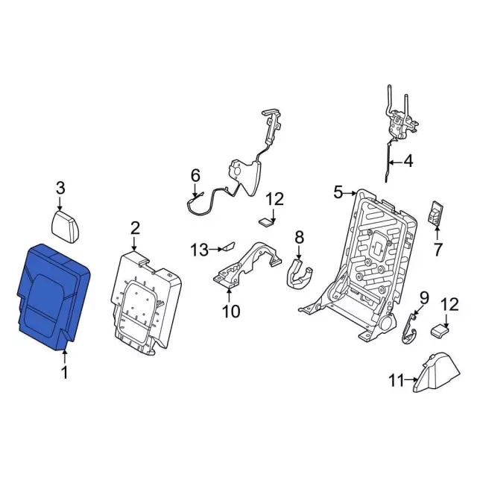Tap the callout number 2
pos(135,227)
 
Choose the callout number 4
pos(408,160)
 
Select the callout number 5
pos(338,193)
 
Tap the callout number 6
pos(195,176)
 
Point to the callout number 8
pos(299,237)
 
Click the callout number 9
pos(424,299)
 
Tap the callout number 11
pos(396,381)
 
